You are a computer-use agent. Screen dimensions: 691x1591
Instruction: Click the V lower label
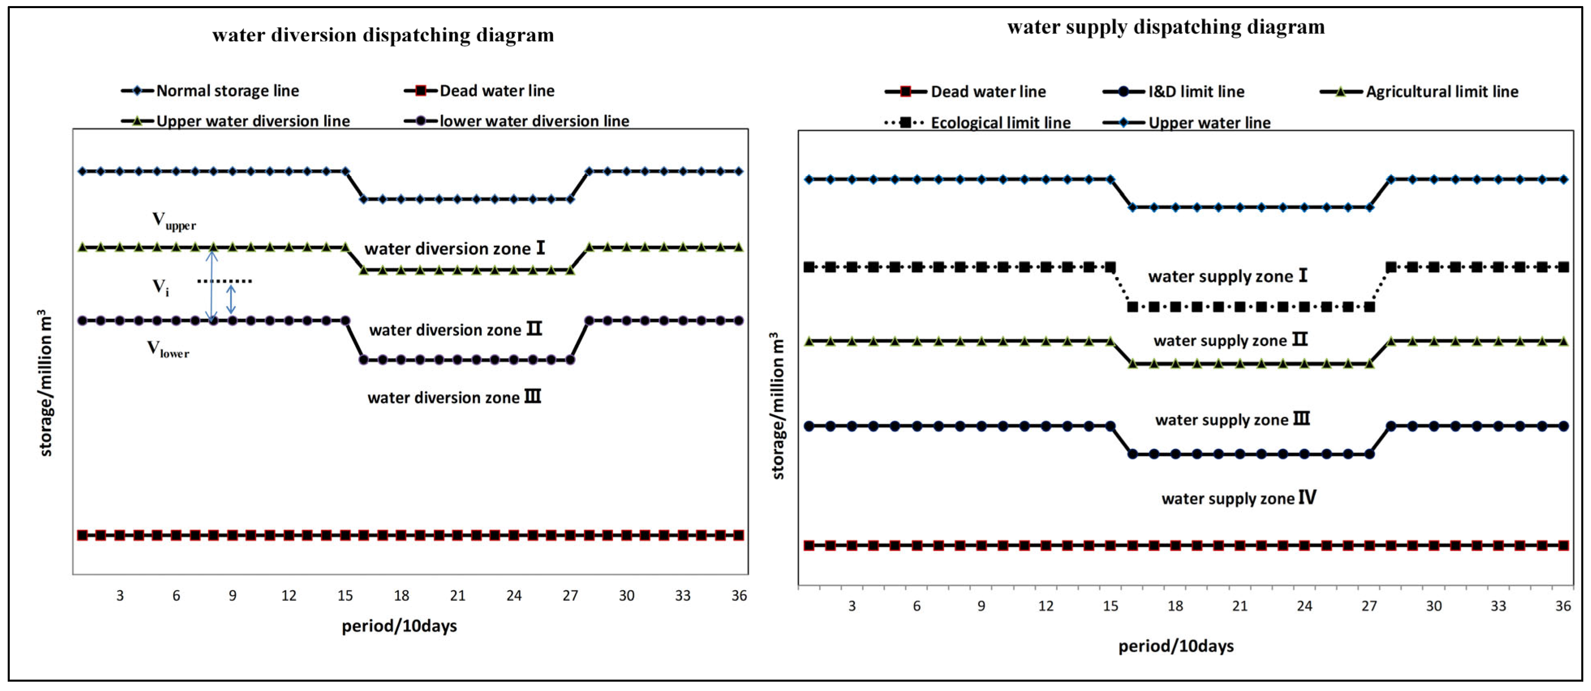[167, 349]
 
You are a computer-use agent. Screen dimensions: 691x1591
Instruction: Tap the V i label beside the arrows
[161, 287]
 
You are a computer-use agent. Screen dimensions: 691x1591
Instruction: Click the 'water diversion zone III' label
[454, 397]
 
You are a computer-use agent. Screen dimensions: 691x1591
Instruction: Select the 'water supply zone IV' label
[1238, 498]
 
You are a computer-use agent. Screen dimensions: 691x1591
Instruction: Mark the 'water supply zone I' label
[1227, 276]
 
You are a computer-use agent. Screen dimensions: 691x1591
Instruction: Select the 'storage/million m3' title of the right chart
[778, 405]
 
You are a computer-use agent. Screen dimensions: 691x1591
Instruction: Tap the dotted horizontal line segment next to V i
[224, 281]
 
